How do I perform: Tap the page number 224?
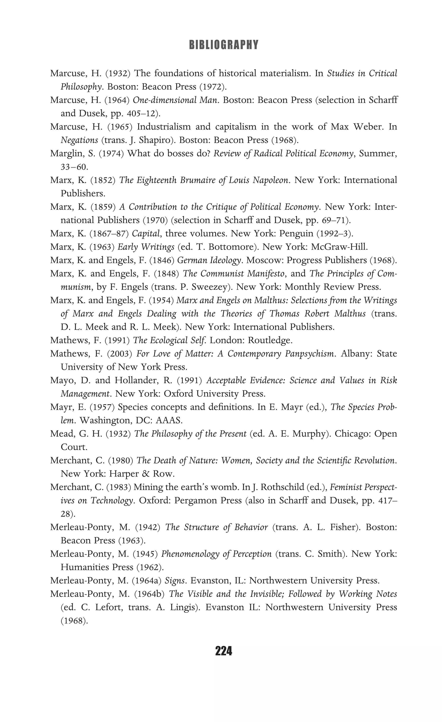[223, 651]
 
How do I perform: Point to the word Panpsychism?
[310, 354]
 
